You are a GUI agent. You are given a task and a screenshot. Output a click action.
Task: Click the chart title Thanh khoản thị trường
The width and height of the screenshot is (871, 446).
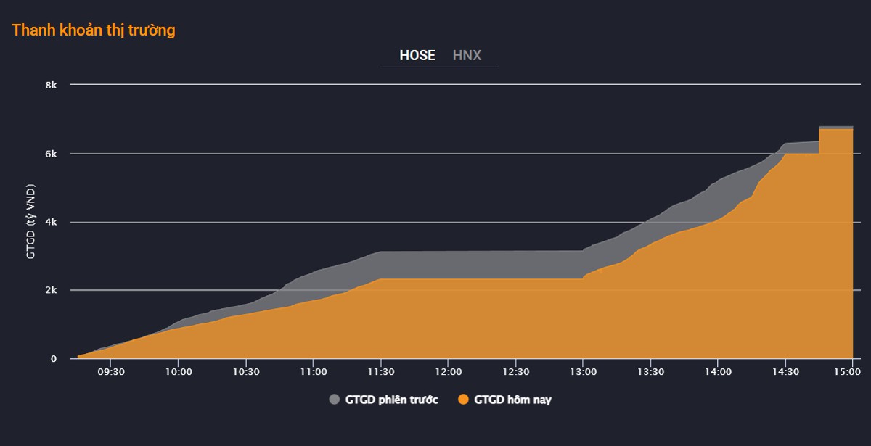94,30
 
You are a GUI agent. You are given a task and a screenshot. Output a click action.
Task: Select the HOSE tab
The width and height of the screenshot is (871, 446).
417,56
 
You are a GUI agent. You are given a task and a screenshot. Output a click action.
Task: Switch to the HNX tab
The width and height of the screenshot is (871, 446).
467,56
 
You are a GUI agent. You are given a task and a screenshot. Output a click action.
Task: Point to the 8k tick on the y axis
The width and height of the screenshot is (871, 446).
51,85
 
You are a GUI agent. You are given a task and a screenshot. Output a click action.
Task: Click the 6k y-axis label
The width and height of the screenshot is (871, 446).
51,154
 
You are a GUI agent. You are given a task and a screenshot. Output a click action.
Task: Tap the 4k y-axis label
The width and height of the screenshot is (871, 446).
51,222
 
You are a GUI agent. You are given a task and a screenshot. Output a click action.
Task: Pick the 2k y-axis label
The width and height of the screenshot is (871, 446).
51,290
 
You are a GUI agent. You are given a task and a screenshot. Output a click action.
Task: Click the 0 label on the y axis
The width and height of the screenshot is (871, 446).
54,359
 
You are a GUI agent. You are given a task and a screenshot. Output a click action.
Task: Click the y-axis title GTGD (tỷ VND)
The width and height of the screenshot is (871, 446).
30,221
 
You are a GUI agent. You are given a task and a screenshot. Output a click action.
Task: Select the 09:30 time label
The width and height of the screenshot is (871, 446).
111,372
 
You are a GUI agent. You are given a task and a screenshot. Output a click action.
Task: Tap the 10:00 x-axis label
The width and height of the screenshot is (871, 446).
179,372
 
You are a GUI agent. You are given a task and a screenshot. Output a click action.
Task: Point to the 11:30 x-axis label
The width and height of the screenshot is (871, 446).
381,372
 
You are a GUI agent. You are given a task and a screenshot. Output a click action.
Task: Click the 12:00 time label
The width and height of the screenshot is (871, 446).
449,372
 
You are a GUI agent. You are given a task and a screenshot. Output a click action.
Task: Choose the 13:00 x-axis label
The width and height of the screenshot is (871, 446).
584,372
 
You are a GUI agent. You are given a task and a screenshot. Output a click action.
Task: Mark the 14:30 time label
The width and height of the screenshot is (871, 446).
785,372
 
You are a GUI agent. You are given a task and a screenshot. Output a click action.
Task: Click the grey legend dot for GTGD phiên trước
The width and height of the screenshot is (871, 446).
335,400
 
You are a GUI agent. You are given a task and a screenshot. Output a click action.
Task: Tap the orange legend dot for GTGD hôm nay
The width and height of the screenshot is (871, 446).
463,400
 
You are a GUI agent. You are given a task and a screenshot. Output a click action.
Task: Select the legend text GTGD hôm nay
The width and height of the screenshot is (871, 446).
513,400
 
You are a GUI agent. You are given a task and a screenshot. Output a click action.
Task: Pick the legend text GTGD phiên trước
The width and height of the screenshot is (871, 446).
391,400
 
